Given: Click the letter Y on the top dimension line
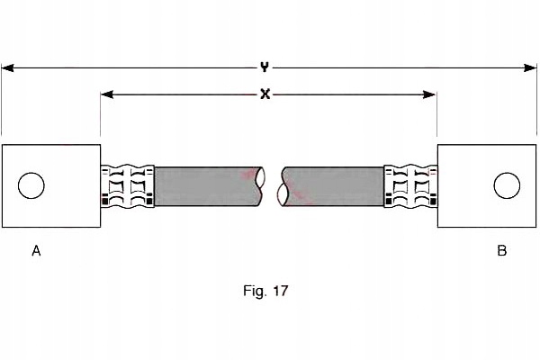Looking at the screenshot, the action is (264, 67).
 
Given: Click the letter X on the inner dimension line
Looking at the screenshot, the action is (265, 94).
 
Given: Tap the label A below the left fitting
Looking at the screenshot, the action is (36, 251).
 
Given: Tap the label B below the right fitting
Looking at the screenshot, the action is (502, 250).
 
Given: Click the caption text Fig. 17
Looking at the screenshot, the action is (265, 291).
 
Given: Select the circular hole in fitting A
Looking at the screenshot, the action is (31, 185).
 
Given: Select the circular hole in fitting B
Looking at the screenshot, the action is (507, 185).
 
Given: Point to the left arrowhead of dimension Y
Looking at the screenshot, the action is (7, 67).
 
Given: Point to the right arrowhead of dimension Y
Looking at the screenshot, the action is (530, 67).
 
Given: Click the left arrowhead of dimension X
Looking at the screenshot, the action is (107, 94).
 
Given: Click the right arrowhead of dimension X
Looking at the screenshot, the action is (430, 94).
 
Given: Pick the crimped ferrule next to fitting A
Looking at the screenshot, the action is (128, 186).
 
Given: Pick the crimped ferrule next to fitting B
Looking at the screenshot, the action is (411, 186).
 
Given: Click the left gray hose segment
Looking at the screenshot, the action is (207, 186).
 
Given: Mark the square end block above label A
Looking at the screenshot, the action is (51, 185).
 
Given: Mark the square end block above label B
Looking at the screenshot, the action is (487, 185).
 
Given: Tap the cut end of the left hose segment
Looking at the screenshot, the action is (261, 186).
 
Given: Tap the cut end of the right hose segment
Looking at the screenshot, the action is (283, 187).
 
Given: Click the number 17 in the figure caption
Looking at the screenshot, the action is (280, 291).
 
